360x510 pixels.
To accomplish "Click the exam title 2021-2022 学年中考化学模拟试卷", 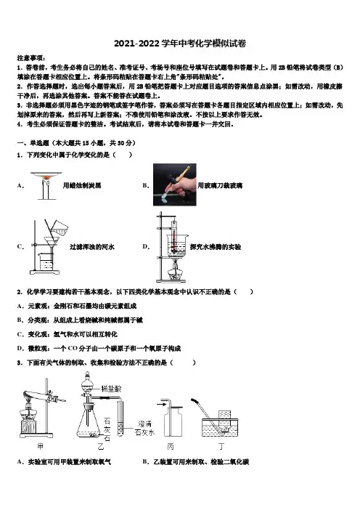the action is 180,44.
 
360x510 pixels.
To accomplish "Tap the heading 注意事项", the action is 30,58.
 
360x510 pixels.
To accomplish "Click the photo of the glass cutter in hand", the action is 174,185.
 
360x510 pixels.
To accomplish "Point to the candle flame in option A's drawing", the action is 46,178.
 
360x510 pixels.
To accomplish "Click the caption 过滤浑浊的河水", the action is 92,247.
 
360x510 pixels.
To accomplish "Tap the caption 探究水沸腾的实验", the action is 216,247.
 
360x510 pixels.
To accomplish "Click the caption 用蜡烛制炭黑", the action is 82,185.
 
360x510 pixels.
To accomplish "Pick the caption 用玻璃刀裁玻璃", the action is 220,185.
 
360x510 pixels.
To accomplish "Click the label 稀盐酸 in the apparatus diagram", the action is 112,389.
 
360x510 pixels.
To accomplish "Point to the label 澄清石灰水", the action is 144,428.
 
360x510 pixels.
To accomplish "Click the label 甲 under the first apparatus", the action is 40,446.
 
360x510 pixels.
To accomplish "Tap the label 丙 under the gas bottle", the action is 171,447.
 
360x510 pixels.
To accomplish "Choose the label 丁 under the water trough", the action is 221,447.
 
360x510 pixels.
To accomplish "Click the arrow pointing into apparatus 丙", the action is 160,404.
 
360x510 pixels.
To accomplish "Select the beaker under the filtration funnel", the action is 46,262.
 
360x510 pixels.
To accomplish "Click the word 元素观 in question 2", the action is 37,306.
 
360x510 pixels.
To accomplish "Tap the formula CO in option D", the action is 73,348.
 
